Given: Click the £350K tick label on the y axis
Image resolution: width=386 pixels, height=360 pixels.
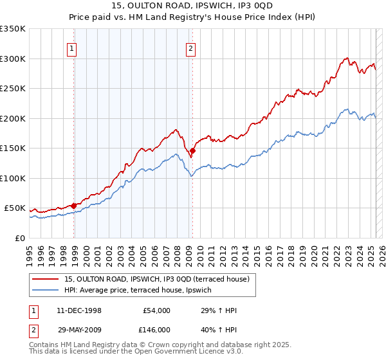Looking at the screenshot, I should pos(13,29).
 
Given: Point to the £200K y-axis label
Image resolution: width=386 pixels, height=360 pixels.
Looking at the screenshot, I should pos(13,118).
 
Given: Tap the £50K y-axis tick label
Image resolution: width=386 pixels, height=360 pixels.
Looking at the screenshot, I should pos(15,208).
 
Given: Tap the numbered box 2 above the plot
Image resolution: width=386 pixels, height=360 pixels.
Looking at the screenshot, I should pos(191,47).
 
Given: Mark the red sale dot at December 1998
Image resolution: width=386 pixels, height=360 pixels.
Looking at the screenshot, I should pos(74,206).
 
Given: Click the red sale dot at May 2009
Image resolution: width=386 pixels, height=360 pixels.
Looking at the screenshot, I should pos(192,151).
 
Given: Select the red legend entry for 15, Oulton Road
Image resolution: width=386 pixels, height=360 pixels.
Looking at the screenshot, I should pos(161,279).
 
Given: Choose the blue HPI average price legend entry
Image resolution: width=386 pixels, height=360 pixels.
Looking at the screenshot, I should pos(142,290).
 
